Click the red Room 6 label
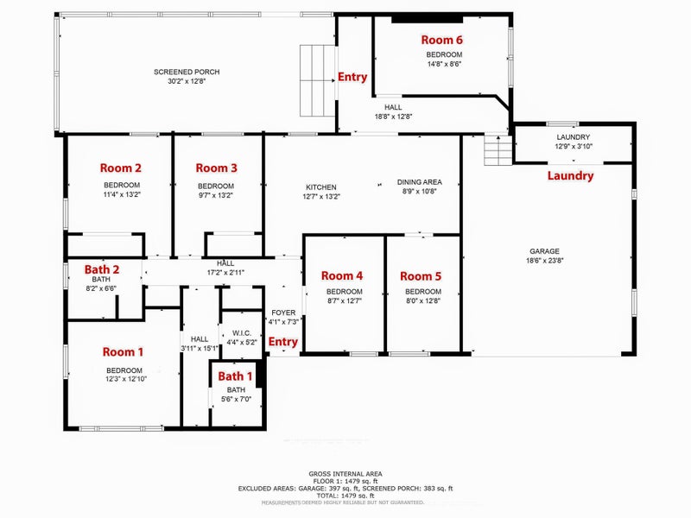click(441, 40)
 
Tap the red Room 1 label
click(123, 352)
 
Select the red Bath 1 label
click(235, 376)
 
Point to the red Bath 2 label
click(102, 269)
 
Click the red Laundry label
click(570, 176)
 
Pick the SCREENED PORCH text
click(187, 72)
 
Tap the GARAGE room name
click(545, 251)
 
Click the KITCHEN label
click(321, 187)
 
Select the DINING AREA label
click(419, 182)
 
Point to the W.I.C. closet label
click(242, 333)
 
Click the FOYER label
click(283, 313)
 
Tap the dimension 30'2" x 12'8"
click(187, 81)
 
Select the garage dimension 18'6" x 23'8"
click(545, 261)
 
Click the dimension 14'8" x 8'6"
click(444, 64)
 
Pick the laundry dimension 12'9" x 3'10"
click(574, 146)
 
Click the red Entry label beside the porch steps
click(352, 77)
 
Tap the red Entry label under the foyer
click(283, 342)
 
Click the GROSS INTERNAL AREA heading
click(345, 474)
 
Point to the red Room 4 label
click(342, 276)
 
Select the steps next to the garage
click(498, 150)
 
